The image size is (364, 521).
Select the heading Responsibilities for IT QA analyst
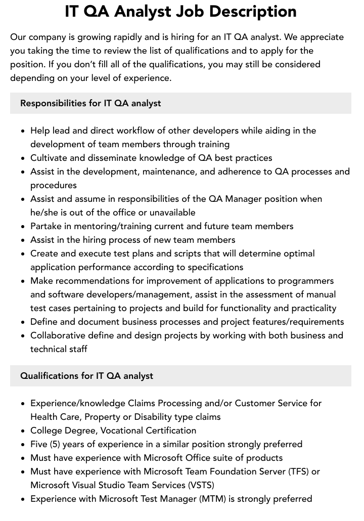point(90,103)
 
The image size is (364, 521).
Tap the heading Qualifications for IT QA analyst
point(86,376)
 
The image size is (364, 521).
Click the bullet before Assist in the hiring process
point(23,240)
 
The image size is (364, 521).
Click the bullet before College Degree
point(23,431)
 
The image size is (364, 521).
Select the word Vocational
point(122,430)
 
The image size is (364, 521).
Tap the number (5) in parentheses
point(57,444)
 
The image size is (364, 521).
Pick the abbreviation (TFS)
point(298,471)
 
